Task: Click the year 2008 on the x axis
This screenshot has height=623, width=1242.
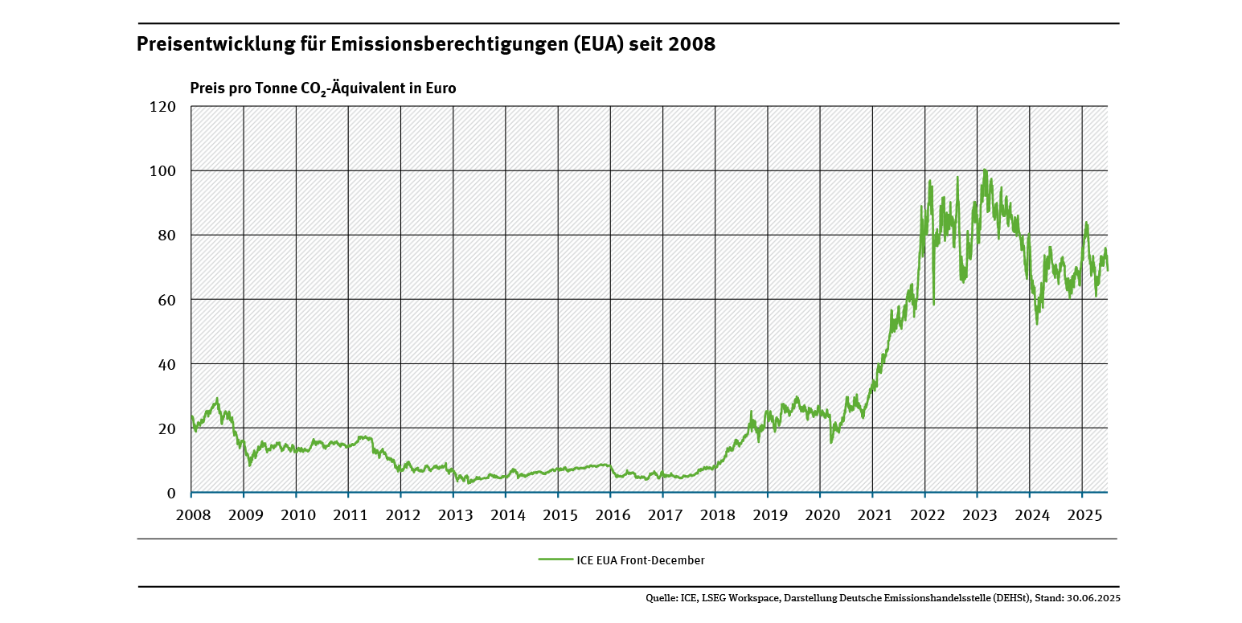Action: pos(191,514)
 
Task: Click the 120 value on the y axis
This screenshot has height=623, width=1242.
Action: pos(163,106)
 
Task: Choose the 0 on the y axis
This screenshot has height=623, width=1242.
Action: pos(170,493)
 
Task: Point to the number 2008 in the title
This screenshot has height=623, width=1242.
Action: pos(691,44)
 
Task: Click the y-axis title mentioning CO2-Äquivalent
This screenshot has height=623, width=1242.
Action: pos(322,88)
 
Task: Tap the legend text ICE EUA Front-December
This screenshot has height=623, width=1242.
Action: pos(641,559)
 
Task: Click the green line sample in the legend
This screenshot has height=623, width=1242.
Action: pos(555,559)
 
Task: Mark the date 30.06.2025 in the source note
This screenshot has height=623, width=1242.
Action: pos(1092,598)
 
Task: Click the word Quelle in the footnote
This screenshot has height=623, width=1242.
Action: pos(662,598)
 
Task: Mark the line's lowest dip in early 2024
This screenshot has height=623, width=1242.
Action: pos(1037,323)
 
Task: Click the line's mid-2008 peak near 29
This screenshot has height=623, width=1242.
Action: pos(217,398)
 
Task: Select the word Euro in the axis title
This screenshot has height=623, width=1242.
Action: pos(441,88)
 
